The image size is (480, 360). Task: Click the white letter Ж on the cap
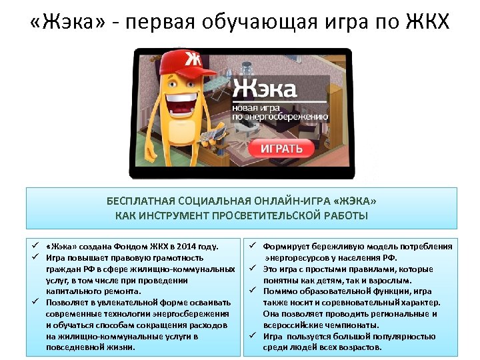point(192,59)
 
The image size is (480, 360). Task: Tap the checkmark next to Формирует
point(254,246)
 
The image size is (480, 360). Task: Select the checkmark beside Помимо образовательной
point(254,291)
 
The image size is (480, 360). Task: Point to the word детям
point(355,280)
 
